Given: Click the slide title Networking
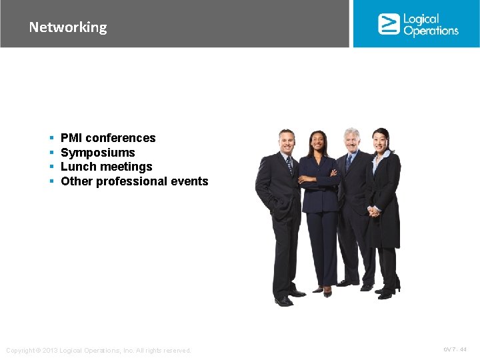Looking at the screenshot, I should pos(67,27).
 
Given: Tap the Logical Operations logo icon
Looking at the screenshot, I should pos(388,24).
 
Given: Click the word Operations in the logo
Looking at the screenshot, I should pos(431,31).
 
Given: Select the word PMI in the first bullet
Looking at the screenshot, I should pos(71,138).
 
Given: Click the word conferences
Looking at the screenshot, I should pos(121,138).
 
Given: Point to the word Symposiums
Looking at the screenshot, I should pos(97,153).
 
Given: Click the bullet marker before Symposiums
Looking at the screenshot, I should pos(51,153).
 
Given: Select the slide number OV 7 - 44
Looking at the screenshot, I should pos(455,349).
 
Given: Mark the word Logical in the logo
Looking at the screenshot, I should pos(421,19).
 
